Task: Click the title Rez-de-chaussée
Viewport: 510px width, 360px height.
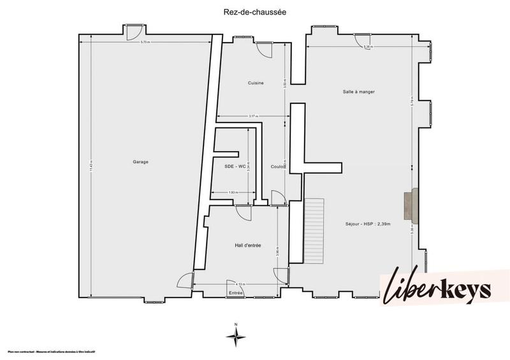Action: click(x=255, y=11)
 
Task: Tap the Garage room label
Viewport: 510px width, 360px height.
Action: click(x=140, y=162)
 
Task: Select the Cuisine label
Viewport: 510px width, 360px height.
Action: click(x=256, y=83)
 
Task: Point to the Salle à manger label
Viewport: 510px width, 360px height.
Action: click(x=358, y=92)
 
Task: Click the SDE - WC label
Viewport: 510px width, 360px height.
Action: click(x=235, y=166)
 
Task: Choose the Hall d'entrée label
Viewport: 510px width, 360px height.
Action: click(x=247, y=245)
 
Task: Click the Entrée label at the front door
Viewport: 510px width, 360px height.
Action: click(x=236, y=292)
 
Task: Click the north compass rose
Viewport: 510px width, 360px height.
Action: click(x=236, y=336)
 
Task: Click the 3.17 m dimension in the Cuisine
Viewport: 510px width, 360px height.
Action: click(x=253, y=116)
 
